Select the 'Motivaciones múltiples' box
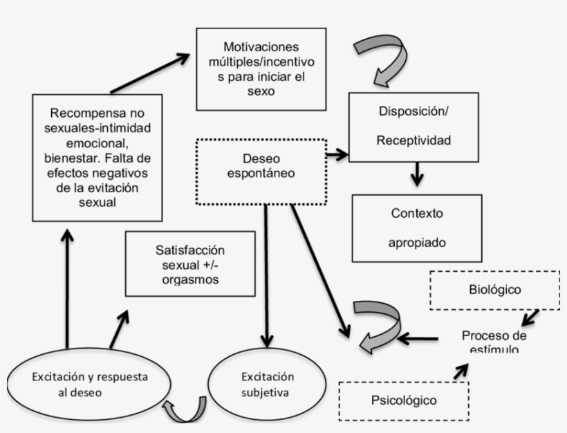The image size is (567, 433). (260, 68)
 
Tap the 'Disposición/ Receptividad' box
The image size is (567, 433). (413, 125)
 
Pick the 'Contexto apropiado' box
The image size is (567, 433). (416, 228)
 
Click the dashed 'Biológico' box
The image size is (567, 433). (494, 289)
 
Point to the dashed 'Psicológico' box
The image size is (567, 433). (404, 400)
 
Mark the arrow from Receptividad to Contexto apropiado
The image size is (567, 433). (416, 175)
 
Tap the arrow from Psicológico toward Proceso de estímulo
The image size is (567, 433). (460, 371)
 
